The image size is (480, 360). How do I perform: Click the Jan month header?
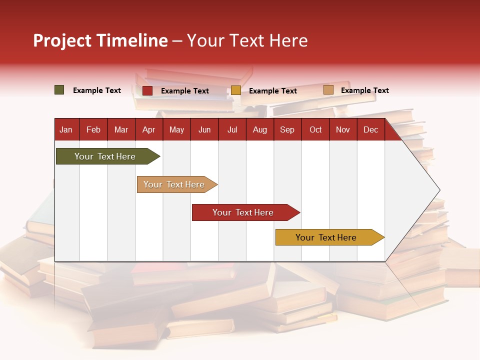click(x=66, y=130)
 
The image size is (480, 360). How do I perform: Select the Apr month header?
click(x=148, y=130)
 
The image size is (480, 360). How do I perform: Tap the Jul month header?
click(x=232, y=130)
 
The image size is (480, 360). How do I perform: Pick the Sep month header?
click(x=287, y=130)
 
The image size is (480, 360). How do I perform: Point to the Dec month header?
click(x=370, y=130)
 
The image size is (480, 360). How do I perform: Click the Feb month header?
click(x=93, y=130)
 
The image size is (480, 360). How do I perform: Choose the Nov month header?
click(x=342, y=130)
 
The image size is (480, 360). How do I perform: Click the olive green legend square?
click(x=59, y=90)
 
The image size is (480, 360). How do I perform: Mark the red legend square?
click(x=147, y=90)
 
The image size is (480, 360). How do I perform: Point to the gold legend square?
click(x=236, y=90)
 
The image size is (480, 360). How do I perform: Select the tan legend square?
click(x=328, y=90)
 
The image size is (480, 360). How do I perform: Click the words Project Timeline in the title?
click(x=100, y=40)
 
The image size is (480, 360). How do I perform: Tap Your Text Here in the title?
click(x=247, y=40)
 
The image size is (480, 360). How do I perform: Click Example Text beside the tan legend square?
click(x=364, y=90)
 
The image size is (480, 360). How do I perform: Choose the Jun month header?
click(x=204, y=130)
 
